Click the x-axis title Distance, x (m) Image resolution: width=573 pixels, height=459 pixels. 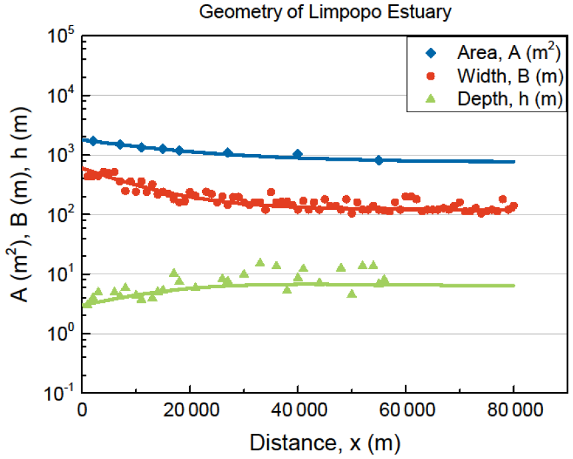(x=325, y=442)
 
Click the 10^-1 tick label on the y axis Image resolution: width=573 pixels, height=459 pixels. (x=58, y=394)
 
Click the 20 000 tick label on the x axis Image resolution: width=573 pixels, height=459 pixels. (x=190, y=412)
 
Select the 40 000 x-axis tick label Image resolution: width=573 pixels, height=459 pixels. (x=298, y=412)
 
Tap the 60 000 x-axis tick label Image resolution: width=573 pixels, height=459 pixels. (x=406, y=412)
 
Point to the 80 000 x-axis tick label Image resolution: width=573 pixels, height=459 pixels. (x=514, y=412)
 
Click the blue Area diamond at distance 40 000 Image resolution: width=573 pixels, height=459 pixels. (x=298, y=154)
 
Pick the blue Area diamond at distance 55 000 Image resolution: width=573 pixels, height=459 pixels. (x=379, y=160)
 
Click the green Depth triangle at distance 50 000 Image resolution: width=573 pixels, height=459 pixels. (x=352, y=294)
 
